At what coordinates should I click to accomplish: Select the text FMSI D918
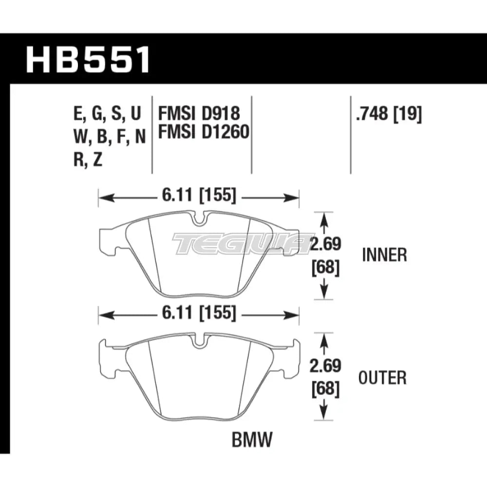pyautogui.click(x=199, y=113)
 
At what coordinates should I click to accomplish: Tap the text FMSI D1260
pyautogui.click(x=203, y=131)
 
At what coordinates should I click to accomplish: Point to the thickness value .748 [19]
pyautogui.click(x=389, y=114)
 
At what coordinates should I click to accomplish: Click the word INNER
pyautogui.click(x=385, y=255)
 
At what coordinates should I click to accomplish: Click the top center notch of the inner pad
pyautogui.click(x=199, y=220)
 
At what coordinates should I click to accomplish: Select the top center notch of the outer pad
pyautogui.click(x=199, y=341)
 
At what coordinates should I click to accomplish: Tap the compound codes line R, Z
pyautogui.click(x=88, y=160)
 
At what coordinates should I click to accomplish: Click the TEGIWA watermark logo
pyautogui.click(x=241, y=243)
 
